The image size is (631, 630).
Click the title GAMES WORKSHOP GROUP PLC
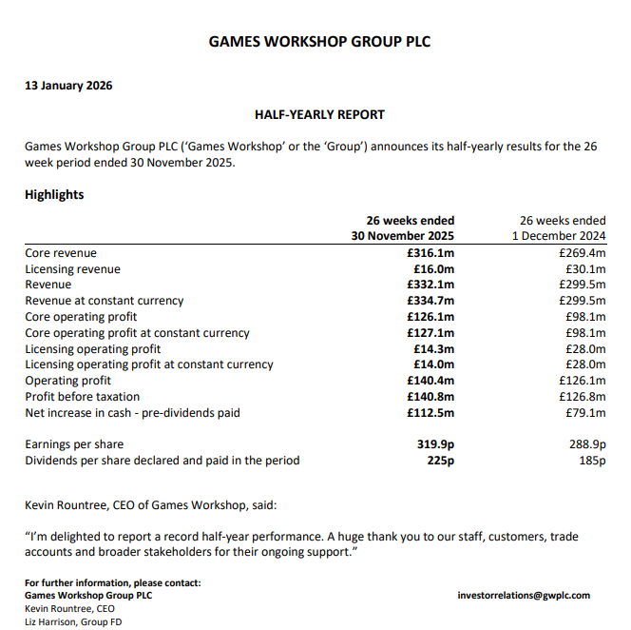(x=313, y=42)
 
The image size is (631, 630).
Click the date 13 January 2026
(x=68, y=86)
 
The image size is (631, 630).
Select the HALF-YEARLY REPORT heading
(x=319, y=115)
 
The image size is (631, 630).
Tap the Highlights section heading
(x=54, y=195)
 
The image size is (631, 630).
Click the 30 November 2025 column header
(x=403, y=236)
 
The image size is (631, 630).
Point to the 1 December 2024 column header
(x=559, y=236)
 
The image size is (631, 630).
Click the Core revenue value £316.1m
(x=430, y=253)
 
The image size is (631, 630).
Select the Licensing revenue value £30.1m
(x=584, y=269)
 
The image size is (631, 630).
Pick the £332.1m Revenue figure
(x=430, y=285)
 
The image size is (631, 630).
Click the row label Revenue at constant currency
(x=105, y=301)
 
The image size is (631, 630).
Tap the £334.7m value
(x=430, y=301)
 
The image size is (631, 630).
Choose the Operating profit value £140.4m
(x=430, y=381)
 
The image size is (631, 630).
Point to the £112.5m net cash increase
(x=430, y=412)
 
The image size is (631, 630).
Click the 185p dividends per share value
(x=591, y=461)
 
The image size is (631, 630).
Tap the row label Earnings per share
(x=74, y=444)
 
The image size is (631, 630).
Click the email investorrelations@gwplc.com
(x=524, y=595)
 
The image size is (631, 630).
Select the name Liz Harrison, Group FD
(x=73, y=621)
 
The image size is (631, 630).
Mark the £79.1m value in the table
(x=584, y=412)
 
